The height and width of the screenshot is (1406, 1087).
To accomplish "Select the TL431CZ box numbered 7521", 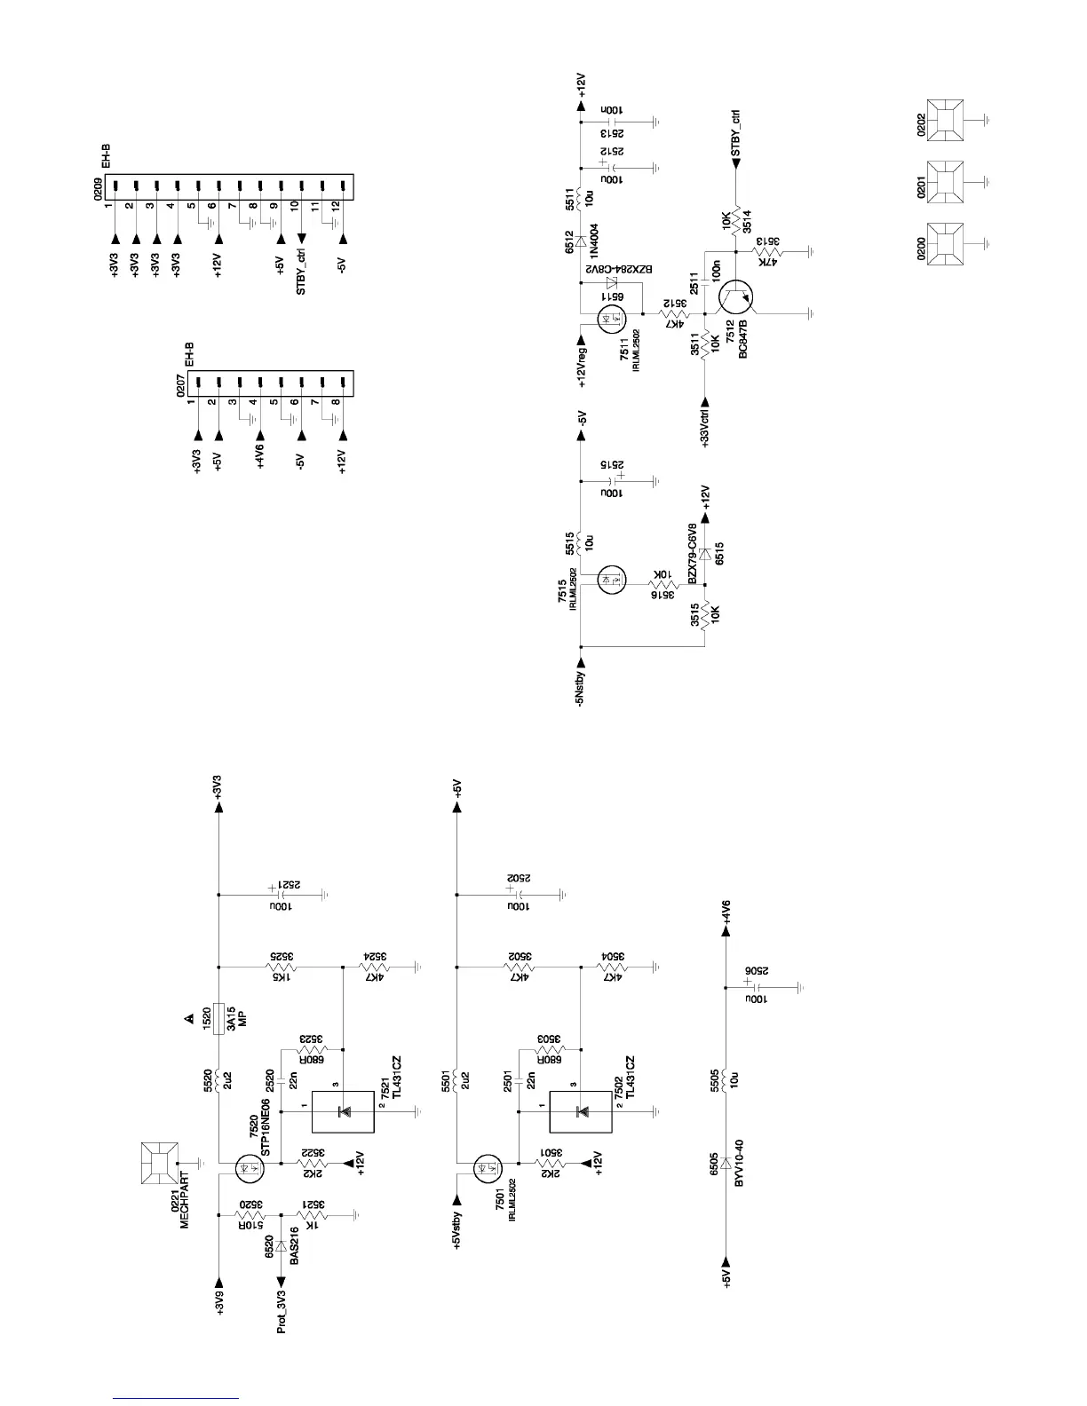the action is [x=343, y=1110].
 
